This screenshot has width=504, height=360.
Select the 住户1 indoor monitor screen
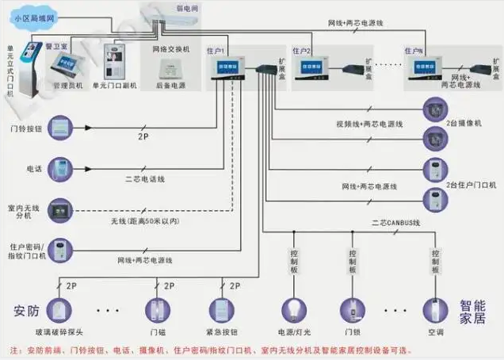224,70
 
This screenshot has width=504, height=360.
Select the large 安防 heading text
26,308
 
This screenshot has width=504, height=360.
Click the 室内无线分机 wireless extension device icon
59,209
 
